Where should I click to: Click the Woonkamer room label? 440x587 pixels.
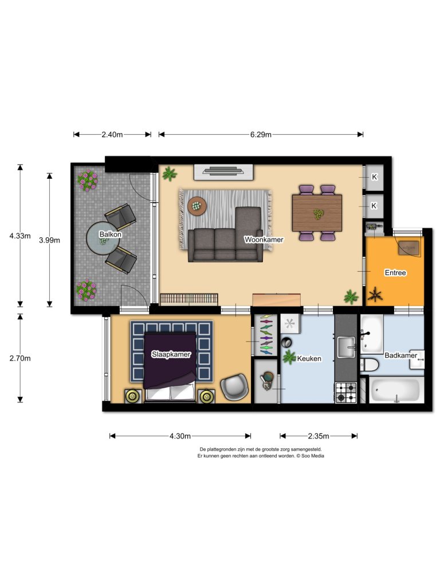tap(264, 240)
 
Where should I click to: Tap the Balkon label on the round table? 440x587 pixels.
tap(111, 234)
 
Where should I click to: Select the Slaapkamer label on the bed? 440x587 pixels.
tap(171, 354)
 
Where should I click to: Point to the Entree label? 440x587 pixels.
tap(395, 272)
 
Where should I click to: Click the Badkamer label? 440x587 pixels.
tap(400, 355)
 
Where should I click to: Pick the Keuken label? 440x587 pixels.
tap(309, 359)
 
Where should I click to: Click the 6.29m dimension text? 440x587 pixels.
tap(261, 135)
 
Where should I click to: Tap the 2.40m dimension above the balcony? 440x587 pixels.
tap(112, 135)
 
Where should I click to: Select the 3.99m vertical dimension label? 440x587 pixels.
tap(49, 240)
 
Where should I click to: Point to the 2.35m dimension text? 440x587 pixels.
tap(319, 436)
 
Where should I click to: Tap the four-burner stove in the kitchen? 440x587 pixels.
tap(345, 392)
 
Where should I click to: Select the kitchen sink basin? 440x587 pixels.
tap(347, 347)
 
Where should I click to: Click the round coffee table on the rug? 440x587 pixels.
tap(197, 206)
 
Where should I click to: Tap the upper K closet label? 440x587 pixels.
tap(374, 177)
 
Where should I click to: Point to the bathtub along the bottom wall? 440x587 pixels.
tap(396, 390)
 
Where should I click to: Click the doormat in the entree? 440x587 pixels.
tap(409, 248)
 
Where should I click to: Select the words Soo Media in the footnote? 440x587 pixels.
tap(313, 456)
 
